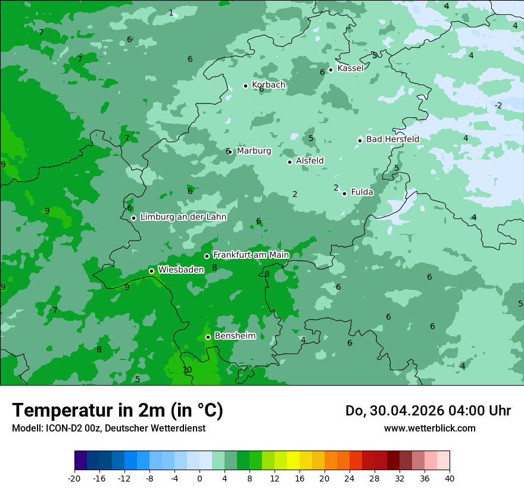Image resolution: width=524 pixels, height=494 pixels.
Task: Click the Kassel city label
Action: pyautogui.click(x=350, y=68)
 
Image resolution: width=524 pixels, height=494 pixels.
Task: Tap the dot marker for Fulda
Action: pyautogui.click(x=344, y=193)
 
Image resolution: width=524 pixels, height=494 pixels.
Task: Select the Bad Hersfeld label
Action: pyautogui.click(x=392, y=139)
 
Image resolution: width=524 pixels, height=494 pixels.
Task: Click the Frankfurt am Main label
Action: pyautogui.click(x=251, y=255)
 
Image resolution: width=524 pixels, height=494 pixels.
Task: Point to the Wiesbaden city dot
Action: pyautogui.click(x=151, y=271)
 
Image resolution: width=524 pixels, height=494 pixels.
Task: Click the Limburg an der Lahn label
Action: pyautogui.click(x=183, y=217)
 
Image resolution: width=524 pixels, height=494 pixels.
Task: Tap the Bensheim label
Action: pyautogui.click(x=235, y=336)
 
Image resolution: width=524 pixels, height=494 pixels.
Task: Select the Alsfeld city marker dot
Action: pyautogui.click(x=289, y=162)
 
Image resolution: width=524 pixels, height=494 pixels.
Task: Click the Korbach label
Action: pyautogui.click(x=269, y=85)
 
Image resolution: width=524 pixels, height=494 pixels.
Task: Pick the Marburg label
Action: pyautogui.click(x=254, y=151)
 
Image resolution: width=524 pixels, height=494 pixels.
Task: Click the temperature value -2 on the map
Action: pyautogui.click(x=498, y=106)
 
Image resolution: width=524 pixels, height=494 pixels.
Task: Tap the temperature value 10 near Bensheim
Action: pyautogui.click(x=187, y=370)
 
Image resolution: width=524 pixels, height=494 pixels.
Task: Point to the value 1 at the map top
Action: pyautogui.click(x=171, y=12)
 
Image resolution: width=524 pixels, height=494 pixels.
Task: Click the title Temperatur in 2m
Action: pyautogui.click(x=117, y=411)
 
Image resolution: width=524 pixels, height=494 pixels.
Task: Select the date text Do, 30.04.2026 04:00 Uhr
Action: pyautogui.click(x=428, y=411)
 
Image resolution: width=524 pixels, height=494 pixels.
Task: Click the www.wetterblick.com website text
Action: pyautogui.click(x=429, y=428)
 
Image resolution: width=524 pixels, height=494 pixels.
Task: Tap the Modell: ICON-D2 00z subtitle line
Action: pyautogui.click(x=108, y=428)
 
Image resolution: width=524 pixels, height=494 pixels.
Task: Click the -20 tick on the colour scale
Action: pyautogui.click(x=74, y=479)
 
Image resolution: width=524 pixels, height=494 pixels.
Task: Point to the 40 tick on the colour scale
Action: pyautogui.click(x=450, y=479)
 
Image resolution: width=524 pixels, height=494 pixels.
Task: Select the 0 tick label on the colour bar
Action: pyautogui.click(x=199, y=479)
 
